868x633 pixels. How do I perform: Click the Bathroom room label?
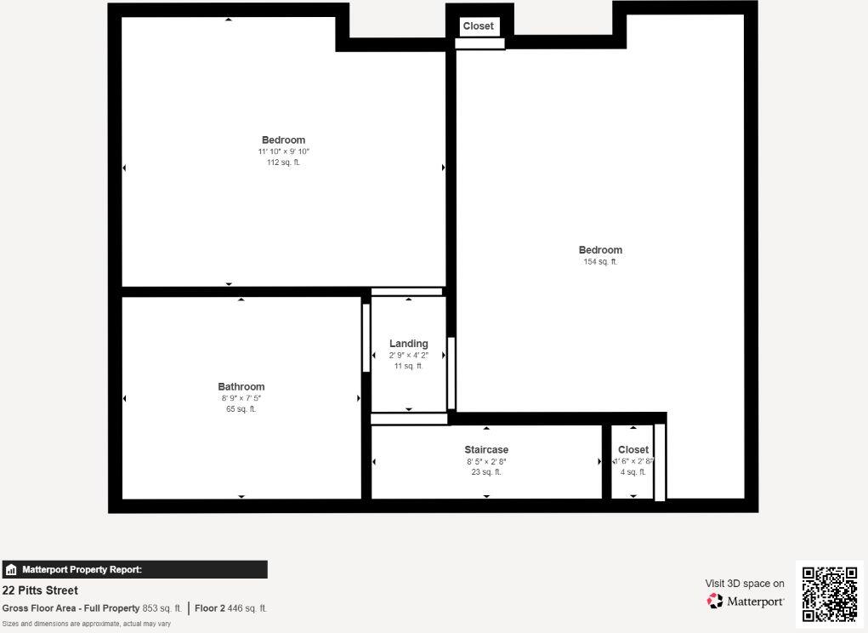(241, 387)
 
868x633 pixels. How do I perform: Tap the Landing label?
(408, 344)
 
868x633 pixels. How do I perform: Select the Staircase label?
(486, 450)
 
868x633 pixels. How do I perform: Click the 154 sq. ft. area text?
(600, 262)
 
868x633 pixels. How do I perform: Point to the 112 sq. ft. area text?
(283, 163)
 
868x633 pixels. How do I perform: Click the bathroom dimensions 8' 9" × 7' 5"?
(241, 398)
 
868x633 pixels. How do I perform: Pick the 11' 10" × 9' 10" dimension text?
(283, 151)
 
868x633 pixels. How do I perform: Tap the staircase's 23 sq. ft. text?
(486, 472)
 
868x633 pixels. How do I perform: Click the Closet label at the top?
(478, 26)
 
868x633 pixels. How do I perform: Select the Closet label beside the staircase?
(633, 450)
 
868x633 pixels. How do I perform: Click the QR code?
(830, 594)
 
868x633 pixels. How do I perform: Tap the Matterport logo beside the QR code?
(746, 602)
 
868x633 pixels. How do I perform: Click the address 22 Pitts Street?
(40, 590)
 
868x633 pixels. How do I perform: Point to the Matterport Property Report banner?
(134, 570)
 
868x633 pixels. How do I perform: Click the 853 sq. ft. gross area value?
(162, 608)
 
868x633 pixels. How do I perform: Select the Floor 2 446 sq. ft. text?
(230, 608)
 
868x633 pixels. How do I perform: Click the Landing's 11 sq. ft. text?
(408, 367)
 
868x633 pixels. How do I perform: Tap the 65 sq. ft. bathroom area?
(241, 409)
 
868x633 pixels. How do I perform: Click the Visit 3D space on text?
(745, 584)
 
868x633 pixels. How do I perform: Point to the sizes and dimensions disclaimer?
(87, 624)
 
